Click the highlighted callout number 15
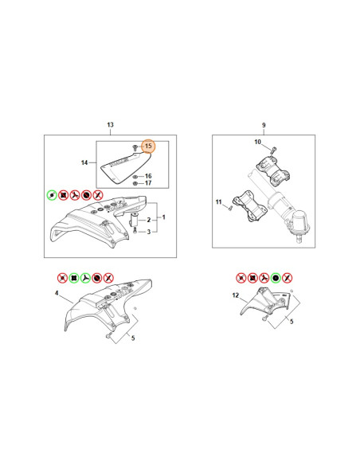[x=148, y=146]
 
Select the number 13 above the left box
[x=111, y=125]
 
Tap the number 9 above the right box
[x=264, y=125]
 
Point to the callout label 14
[x=84, y=162]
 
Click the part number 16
[x=148, y=176]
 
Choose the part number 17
[x=148, y=183]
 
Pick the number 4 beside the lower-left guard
[x=57, y=293]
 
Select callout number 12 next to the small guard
[x=236, y=295]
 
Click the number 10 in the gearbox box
[x=258, y=142]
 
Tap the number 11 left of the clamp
[x=219, y=202]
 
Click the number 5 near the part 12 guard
[x=292, y=322]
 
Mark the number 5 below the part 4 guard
[x=133, y=338]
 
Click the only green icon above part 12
[x=276, y=278]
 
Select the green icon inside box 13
[x=52, y=195]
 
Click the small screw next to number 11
[x=229, y=208]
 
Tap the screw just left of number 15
[x=135, y=147]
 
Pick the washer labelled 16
[x=135, y=177]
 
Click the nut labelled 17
[x=135, y=184]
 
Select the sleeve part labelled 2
[x=135, y=220]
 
